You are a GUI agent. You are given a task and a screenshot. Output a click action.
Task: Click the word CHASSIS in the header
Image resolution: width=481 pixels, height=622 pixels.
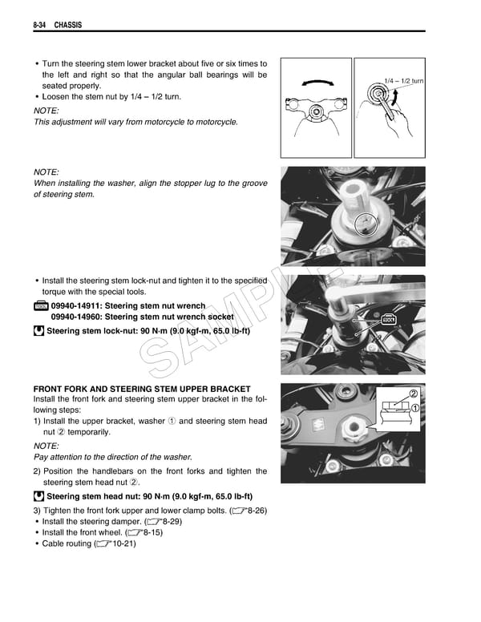(69, 26)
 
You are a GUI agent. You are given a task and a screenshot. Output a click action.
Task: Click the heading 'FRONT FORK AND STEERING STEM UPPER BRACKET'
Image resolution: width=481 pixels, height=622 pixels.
(142, 389)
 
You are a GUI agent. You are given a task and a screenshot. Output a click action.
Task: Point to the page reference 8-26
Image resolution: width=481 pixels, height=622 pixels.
(253, 511)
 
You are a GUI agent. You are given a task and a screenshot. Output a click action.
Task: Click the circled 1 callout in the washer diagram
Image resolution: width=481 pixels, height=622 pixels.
(415, 408)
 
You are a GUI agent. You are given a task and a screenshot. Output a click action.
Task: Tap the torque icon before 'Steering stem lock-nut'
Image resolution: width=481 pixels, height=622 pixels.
(39, 330)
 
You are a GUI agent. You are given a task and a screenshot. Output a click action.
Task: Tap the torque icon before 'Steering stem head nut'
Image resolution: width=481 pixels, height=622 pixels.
(39, 496)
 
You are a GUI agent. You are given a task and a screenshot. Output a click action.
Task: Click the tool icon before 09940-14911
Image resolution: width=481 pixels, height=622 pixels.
(40, 306)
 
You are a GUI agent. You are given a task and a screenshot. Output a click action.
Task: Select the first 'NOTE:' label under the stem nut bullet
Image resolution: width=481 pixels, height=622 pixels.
(46, 110)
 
